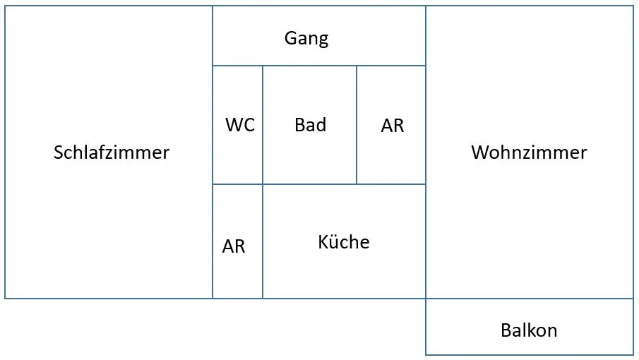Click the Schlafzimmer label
click(112, 152)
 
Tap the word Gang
click(306, 39)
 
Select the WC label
click(240, 125)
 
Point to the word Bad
click(311, 125)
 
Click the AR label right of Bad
click(393, 126)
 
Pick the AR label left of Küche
click(234, 246)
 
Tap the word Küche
click(344, 242)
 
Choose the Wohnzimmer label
click(529, 152)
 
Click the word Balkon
click(529, 330)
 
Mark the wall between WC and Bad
click(263, 125)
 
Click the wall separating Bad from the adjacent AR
click(357, 125)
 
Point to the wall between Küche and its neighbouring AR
click(263, 241)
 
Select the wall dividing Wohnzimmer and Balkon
click(530, 299)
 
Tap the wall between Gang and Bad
click(310, 66)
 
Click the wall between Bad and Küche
click(310, 184)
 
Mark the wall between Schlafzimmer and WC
click(213, 125)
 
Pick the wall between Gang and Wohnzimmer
click(426, 36)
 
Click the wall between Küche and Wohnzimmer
click(426, 241)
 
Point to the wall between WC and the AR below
click(237, 184)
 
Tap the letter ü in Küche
click(334, 242)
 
